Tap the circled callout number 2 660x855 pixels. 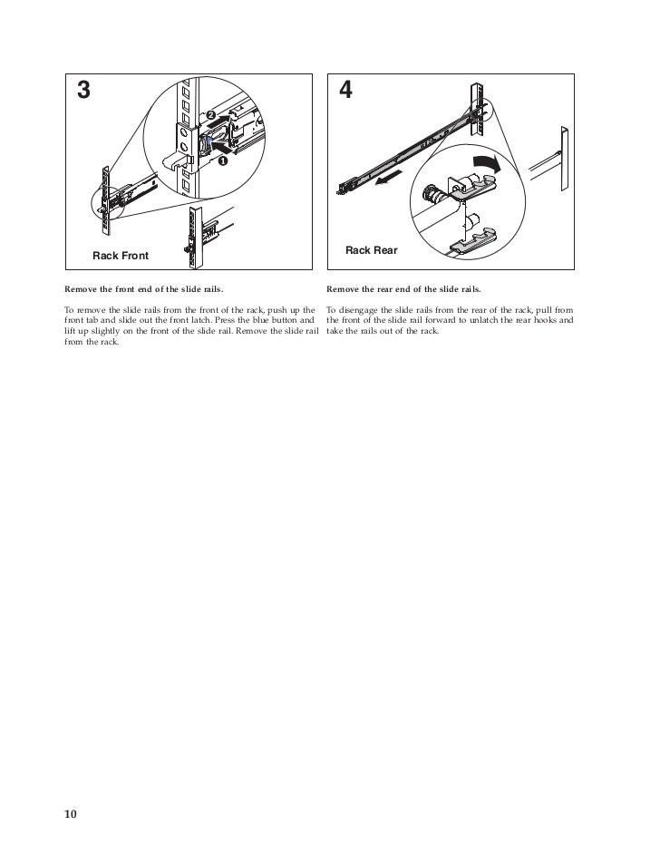(210, 116)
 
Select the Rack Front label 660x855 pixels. (121, 256)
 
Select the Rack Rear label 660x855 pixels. (371, 249)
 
